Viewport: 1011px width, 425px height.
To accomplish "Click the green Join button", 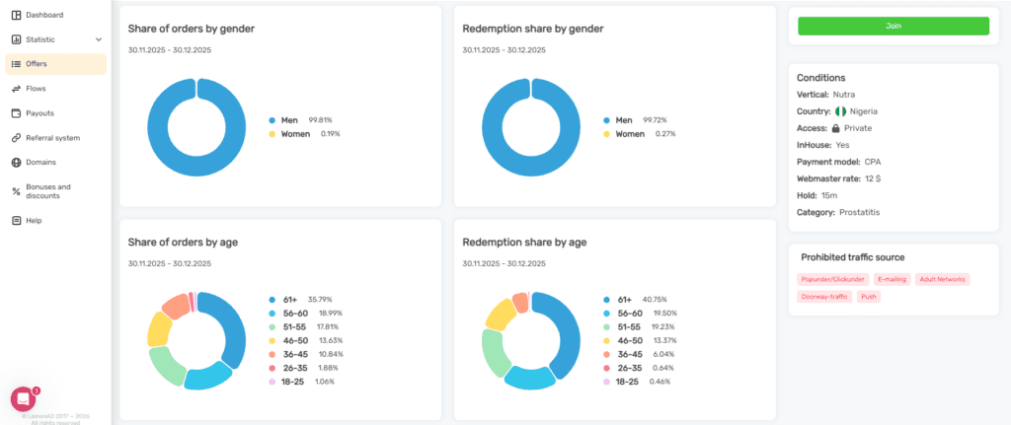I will coord(893,27).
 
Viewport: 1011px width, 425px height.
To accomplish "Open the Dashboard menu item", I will coord(44,15).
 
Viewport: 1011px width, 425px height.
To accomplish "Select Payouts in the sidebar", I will coord(39,113).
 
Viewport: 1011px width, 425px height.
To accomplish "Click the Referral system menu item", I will coord(52,138).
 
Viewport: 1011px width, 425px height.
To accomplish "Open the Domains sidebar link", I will coord(40,162).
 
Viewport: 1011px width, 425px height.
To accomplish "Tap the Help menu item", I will coord(34,220).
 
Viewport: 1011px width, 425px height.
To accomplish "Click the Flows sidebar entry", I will coord(36,89).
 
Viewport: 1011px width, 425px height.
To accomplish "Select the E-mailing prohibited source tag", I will coord(892,279).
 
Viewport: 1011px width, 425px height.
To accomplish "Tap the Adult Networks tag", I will coord(942,279).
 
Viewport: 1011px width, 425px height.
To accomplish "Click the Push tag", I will coord(869,296).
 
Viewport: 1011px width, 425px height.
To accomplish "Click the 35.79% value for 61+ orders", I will coord(320,299).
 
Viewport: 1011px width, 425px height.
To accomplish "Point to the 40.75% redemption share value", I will coord(655,299).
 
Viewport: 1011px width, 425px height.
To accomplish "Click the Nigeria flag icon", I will coord(841,111).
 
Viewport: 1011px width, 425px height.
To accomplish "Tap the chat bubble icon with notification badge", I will coord(23,398).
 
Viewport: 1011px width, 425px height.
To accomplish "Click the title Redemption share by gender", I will coord(532,29).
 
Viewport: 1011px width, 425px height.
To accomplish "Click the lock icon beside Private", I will coord(835,128).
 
